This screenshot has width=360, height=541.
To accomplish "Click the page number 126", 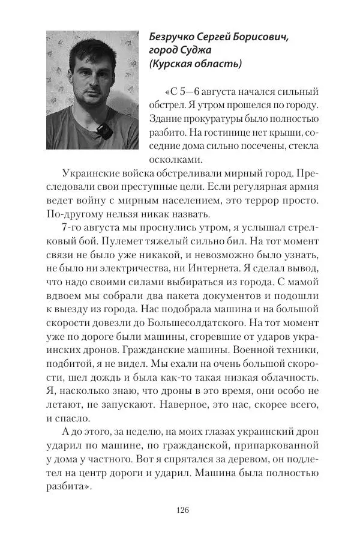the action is (x=183, y=510).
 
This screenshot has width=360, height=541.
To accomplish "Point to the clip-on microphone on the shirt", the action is (x=103, y=128).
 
